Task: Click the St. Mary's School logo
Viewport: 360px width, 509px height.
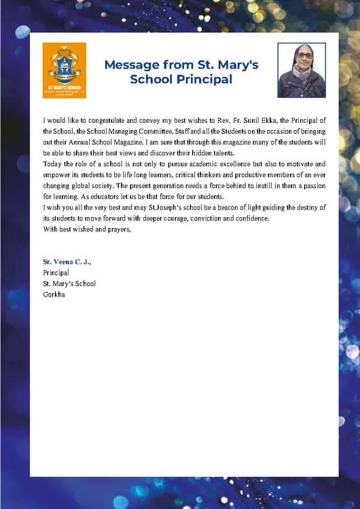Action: click(x=64, y=70)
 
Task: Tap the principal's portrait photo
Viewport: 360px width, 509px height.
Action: click(x=302, y=70)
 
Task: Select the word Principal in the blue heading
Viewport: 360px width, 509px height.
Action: click(x=207, y=79)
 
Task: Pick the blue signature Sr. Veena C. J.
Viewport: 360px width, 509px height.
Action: click(x=66, y=261)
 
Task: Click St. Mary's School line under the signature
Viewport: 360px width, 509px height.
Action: click(x=69, y=283)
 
